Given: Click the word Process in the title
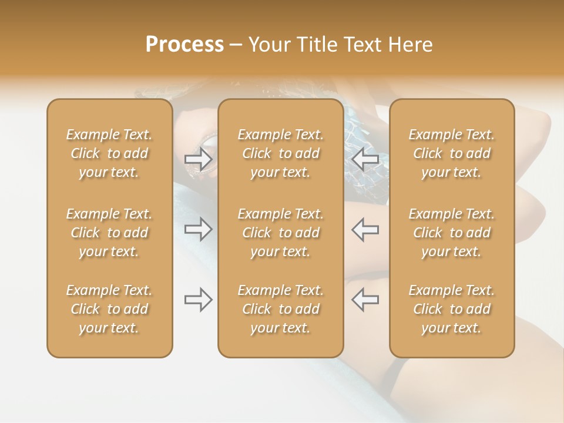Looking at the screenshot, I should pyautogui.click(x=184, y=45).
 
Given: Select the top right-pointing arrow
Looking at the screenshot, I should pyautogui.click(x=199, y=159).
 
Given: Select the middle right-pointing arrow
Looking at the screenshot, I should pyautogui.click(x=199, y=229).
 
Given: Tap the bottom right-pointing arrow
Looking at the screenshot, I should pyautogui.click(x=199, y=300).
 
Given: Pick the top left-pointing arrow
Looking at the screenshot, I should pyautogui.click(x=365, y=159).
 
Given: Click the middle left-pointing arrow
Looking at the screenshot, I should pyautogui.click(x=365, y=229).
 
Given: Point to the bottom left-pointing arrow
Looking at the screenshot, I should pyautogui.click(x=365, y=300).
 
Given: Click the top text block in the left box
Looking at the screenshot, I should pyautogui.click(x=109, y=153).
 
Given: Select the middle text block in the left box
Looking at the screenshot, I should pyautogui.click(x=109, y=233).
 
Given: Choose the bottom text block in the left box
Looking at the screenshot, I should pyautogui.click(x=109, y=309).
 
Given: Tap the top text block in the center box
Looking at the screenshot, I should pyautogui.click(x=280, y=153).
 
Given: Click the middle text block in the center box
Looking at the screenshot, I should pyautogui.click(x=280, y=233).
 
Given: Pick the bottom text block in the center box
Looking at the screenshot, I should pyautogui.click(x=280, y=309).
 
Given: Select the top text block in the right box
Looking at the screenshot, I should pyautogui.click(x=452, y=153).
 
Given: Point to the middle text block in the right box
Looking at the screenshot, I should pyautogui.click(x=452, y=233).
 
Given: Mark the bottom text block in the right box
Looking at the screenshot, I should pyautogui.click(x=452, y=309).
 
